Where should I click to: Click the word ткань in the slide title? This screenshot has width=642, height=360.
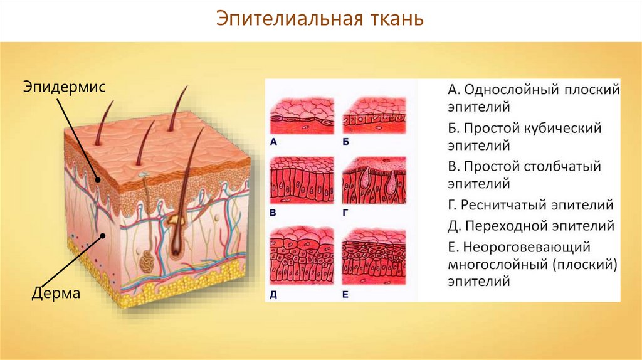394,19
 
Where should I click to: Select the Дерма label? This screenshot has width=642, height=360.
56,294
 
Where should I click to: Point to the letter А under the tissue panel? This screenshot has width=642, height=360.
273,142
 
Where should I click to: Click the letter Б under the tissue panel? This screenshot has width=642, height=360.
345,142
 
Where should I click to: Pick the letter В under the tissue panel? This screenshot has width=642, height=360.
273,213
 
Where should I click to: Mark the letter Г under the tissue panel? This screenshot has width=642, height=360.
345,213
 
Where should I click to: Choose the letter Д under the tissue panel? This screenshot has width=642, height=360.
273,293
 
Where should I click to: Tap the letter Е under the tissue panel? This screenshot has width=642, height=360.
345,293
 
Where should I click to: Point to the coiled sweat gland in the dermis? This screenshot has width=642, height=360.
146,262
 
